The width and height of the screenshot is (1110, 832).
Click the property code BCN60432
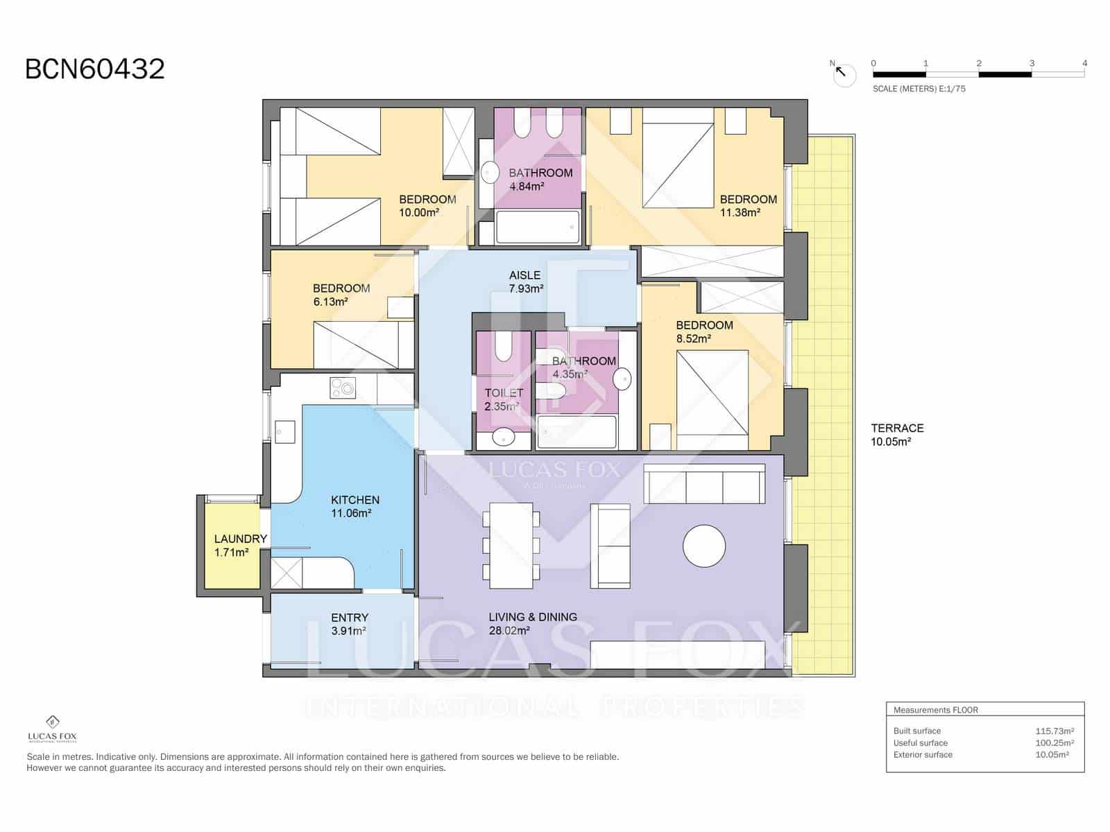click(x=95, y=69)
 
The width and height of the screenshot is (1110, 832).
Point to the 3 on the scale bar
click(x=1032, y=63)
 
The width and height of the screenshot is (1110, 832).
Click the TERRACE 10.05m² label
click(x=896, y=435)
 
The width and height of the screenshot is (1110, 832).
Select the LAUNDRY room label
click(x=240, y=539)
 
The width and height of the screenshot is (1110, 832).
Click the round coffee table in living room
click(x=703, y=546)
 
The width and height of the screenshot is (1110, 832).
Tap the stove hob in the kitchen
click(x=343, y=388)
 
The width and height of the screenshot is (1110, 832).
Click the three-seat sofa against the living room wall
click(x=704, y=483)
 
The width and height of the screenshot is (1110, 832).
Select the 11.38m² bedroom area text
click(x=740, y=213)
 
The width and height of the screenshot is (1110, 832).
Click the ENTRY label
click(x=350, y=617)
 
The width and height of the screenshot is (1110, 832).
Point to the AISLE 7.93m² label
click(x=525, y=281)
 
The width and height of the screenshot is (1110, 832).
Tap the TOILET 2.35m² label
click(x=504, y=399)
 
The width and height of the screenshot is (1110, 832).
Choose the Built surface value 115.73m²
click(x=1054, y=731)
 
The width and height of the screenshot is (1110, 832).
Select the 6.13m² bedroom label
click(x=341, y=295)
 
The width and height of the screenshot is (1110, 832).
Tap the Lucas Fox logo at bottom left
click(x=52, y=728)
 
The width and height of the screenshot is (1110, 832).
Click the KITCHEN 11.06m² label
click(x=355, y=506)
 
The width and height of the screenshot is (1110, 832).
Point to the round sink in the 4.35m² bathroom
click(x=622, y=379)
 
